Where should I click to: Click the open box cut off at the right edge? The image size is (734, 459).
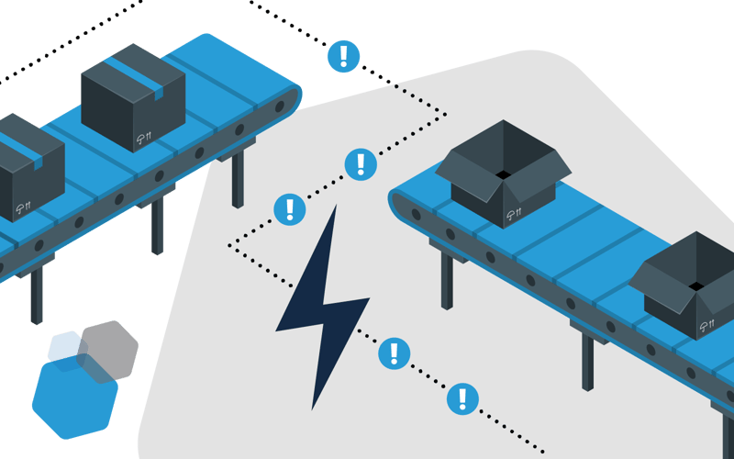(x=688, y=285)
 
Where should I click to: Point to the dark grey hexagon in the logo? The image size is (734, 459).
(x=108, y=346)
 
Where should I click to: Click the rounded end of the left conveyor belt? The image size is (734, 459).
(x=286, y=97)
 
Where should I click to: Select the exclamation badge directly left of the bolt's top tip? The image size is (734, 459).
(x=290, y=209)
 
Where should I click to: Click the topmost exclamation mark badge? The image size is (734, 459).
(x=343, y=56)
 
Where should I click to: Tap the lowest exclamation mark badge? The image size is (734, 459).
(x=462, y=398)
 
